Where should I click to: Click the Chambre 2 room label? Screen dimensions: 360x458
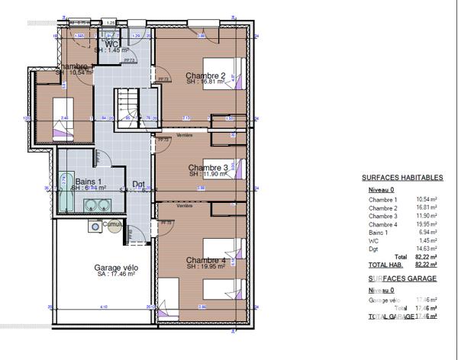pyautogui.click(x=205, y=76)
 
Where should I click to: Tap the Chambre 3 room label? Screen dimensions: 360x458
pyautogui.click(x=208, y=167)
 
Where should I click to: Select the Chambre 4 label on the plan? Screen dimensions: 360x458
pyautogui.click(x=205, y=260)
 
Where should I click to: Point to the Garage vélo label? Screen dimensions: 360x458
pyautogui.click(x=115, y=268)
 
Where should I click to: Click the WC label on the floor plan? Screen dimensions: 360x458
pyautogui.click(x=111, y=44)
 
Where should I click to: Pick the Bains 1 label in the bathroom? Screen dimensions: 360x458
pyautogui.click(x=86, y=181)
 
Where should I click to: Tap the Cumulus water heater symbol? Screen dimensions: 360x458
pyautogui.click(x=94, y=225)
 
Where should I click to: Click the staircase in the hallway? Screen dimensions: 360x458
pyautogui.click(x=128, y=110)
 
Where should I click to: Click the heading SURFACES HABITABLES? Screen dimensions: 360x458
pyautogui.click(x=402, y=178)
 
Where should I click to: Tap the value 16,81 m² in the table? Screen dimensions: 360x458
pyautogui.click(x=427, y=207)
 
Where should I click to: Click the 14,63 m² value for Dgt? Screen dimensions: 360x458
pyautogui.click(x=427, y=249)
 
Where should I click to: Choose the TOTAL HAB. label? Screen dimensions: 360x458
pyautogui.click(x=385, y=264)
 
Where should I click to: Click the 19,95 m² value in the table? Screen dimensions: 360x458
pyautogui.click(x=427, y=224)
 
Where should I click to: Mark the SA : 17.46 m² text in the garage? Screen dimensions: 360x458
pyautogui.click(x=115, y=276)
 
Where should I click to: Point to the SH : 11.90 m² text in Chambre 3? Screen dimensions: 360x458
pyautogui.click(x=208, y=174)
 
